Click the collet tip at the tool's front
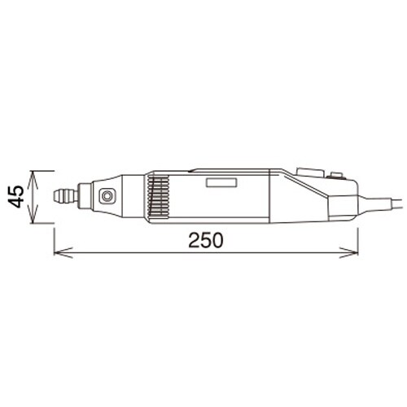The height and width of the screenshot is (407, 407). click(x=62, y=197)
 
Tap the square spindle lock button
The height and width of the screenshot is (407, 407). click(x=106, y=196)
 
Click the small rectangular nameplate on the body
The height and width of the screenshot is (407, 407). click(x=221, y=184)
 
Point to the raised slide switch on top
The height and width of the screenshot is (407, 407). click(x=310, y=173)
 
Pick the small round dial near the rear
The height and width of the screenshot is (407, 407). click(x=335, y=175)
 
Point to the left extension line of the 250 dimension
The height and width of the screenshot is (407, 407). click(x=55, y=236)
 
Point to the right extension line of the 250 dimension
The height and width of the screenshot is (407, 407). click(x=359, y=236)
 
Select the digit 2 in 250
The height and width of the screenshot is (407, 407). click(x=194, y=242)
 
